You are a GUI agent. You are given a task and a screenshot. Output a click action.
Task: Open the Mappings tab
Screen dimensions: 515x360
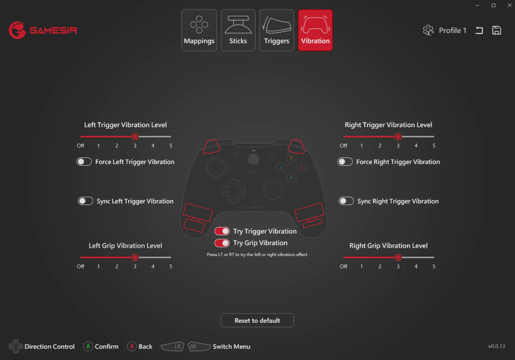(199, 30)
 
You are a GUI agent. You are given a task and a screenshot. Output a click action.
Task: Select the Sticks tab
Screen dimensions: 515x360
(238, 30)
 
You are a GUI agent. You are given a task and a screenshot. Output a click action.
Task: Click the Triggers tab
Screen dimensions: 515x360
(277, 30)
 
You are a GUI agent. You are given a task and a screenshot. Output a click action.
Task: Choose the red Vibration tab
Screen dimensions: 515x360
(315, 30)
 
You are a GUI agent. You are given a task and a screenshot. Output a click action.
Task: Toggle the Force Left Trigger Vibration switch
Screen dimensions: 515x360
(84, 162)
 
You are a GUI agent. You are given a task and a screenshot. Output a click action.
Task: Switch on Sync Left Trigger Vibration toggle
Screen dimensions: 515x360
(86, 201)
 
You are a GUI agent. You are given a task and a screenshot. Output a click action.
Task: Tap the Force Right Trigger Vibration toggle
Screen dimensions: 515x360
(345, 162)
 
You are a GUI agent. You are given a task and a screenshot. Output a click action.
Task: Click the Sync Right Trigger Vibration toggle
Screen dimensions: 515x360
(346, 201)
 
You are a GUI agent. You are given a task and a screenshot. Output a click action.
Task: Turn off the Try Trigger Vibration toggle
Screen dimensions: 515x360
(222, 231)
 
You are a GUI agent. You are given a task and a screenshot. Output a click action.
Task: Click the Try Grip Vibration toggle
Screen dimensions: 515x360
(222, 243)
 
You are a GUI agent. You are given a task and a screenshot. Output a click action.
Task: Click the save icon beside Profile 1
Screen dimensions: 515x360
(496, 30)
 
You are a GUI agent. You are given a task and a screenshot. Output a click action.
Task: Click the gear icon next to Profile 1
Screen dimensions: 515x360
(428, 30)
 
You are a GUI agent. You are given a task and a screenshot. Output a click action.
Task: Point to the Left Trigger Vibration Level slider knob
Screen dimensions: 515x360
(135, 137)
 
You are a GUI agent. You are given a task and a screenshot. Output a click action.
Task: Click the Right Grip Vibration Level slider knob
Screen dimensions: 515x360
(398, 258)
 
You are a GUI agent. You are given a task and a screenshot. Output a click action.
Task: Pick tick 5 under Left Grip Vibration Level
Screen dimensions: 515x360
(171, 267)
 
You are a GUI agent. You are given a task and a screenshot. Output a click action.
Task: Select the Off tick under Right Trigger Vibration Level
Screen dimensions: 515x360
(344, 146)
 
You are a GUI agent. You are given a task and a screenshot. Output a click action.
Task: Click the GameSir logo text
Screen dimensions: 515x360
(53, 30)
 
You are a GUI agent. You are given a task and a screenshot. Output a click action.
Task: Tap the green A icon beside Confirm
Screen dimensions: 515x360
(88, 346)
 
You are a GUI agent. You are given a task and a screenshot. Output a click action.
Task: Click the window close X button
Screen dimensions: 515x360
(509, 5)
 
